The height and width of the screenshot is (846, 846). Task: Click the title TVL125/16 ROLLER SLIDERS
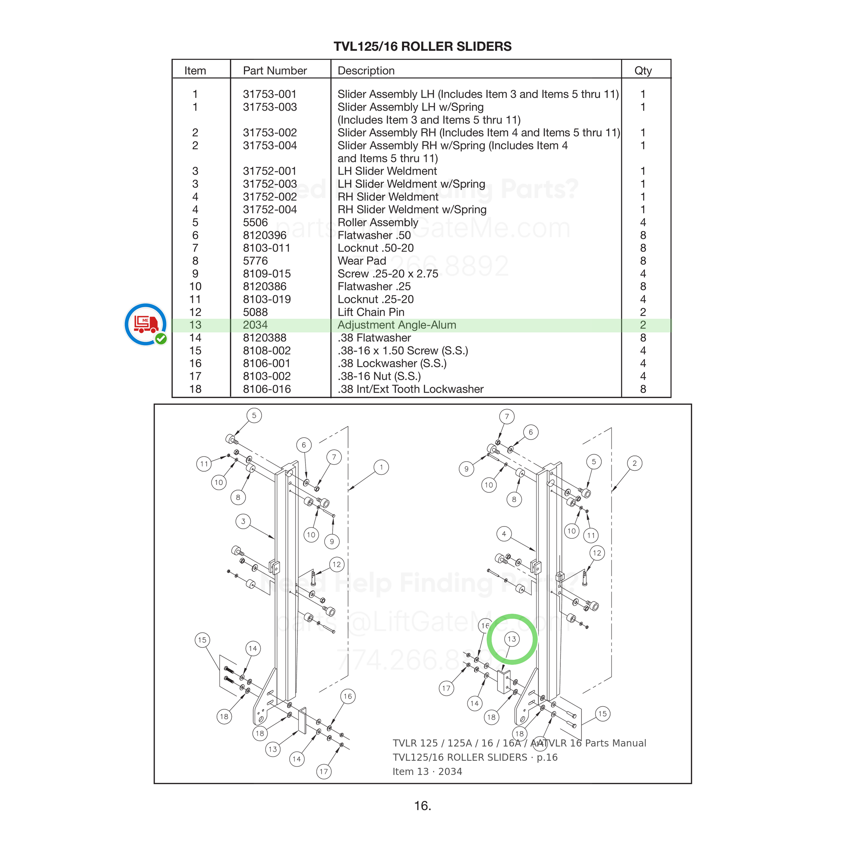423,46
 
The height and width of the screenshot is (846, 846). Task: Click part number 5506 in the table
255,222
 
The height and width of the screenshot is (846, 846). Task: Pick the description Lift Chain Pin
371,312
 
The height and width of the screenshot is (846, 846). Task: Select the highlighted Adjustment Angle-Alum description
397,325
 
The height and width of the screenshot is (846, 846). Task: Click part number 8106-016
267,389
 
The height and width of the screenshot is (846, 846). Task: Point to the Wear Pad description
362,261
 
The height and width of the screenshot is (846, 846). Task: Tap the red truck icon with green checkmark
146,324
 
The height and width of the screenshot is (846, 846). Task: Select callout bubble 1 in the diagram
381,467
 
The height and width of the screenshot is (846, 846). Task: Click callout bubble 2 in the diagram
634,463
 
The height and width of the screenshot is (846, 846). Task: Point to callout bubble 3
243,521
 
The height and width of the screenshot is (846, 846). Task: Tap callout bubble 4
504,534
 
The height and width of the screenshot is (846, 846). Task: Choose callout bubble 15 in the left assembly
202,640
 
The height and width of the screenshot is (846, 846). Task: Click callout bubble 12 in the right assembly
597,553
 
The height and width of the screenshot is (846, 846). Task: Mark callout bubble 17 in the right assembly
446,688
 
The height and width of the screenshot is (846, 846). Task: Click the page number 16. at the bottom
423,806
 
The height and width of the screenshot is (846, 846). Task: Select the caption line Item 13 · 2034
427,772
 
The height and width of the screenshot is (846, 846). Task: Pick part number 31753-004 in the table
270,146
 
